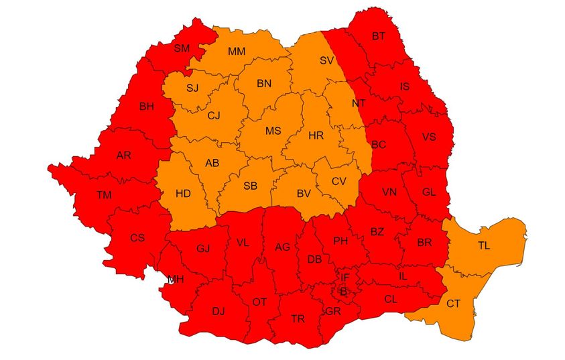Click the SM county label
point(181,48)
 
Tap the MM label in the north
point(236,52)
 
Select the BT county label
point(379,36)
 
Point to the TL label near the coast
point(484,245)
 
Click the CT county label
point(454,304)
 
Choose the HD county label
point(183,194)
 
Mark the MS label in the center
point(273,131)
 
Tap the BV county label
point(304,194)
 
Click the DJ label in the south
point(218,310)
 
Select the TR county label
point(298,318)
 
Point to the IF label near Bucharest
point(345,277)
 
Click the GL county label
point(429,192)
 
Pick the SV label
point(326,60)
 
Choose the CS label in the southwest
point(137,237)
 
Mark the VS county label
point(429,137)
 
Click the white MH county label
point(176,280)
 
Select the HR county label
point(316,135)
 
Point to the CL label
point(391,299)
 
